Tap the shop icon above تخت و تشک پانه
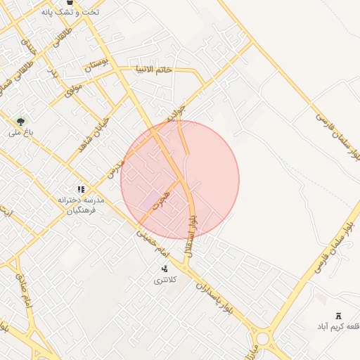[x=70, y=3]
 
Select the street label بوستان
[x=98, y=66]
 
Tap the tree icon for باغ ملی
[x=20, y=122]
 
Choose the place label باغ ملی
[x=16, y=132]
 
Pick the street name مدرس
[x=115, y=167]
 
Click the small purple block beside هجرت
[x=149, y=200]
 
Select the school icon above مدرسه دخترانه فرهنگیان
[x=81, y=189]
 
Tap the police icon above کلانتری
[x=165, y=268]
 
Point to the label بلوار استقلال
[x=190, y=235]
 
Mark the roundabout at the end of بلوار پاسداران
[x=263, y=338]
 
